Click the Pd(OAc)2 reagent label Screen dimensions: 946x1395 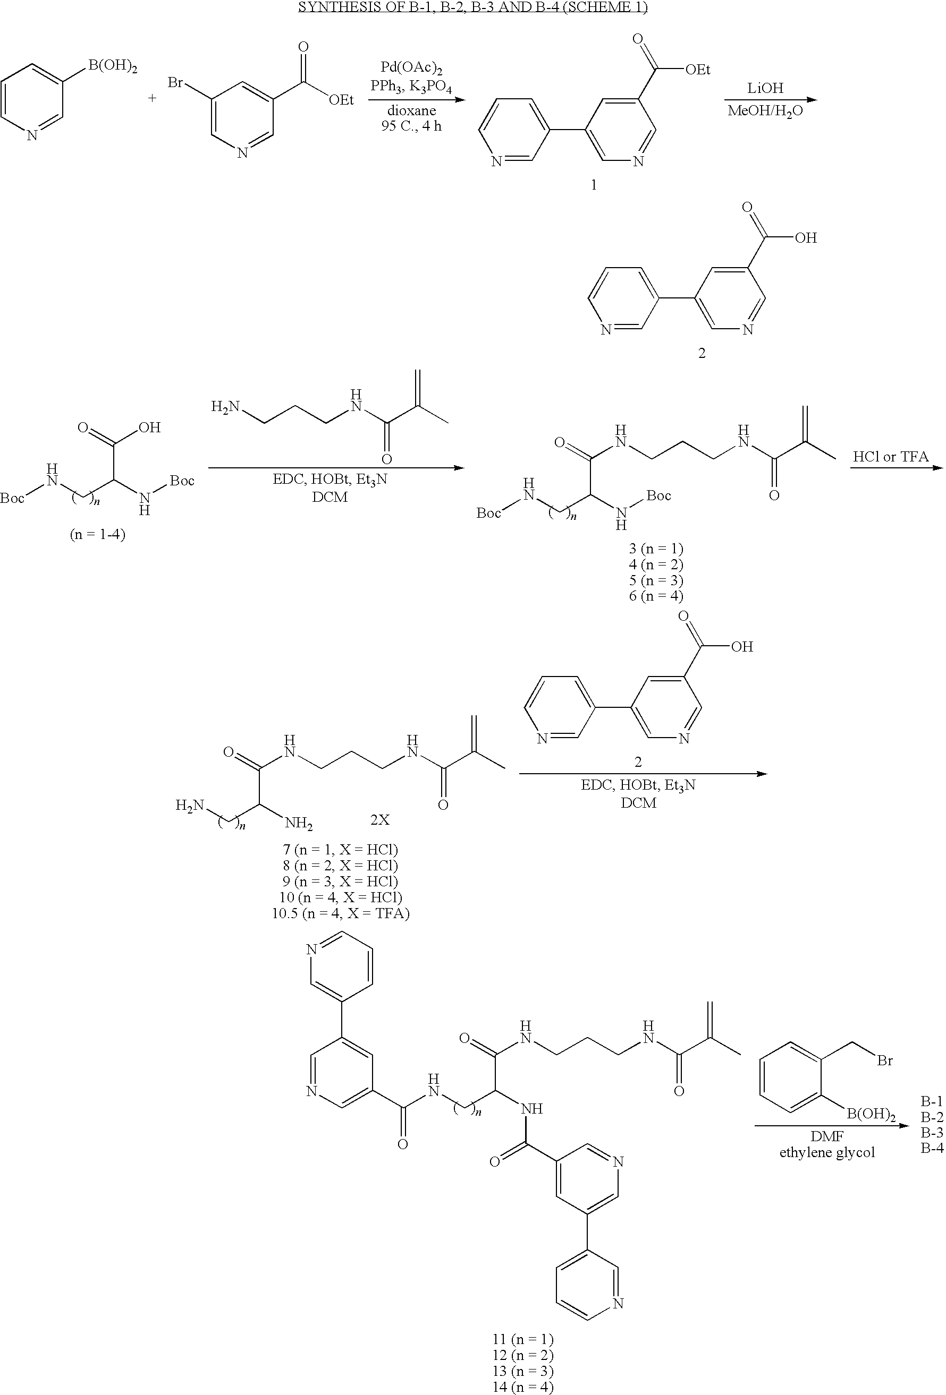412,68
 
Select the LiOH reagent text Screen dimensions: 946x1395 765,88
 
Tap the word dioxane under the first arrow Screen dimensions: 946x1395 411,110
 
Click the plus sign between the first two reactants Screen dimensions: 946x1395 152,97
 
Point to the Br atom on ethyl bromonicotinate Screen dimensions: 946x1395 175,82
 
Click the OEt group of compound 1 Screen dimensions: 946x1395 697,70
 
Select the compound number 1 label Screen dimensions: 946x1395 594,185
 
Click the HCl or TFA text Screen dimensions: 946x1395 890,457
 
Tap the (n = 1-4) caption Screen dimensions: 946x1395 98,534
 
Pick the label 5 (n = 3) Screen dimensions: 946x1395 656,580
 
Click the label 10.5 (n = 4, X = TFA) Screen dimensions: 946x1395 341,913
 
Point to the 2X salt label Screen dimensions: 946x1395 379,819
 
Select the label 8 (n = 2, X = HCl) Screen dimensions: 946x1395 341,865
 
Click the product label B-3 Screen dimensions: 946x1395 932,1133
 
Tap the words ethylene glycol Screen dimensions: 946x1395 827,1152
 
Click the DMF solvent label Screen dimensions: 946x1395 827,1136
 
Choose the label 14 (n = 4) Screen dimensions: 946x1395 522,1387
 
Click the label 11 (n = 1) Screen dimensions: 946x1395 522,1339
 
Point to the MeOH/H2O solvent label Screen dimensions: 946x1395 765,111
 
